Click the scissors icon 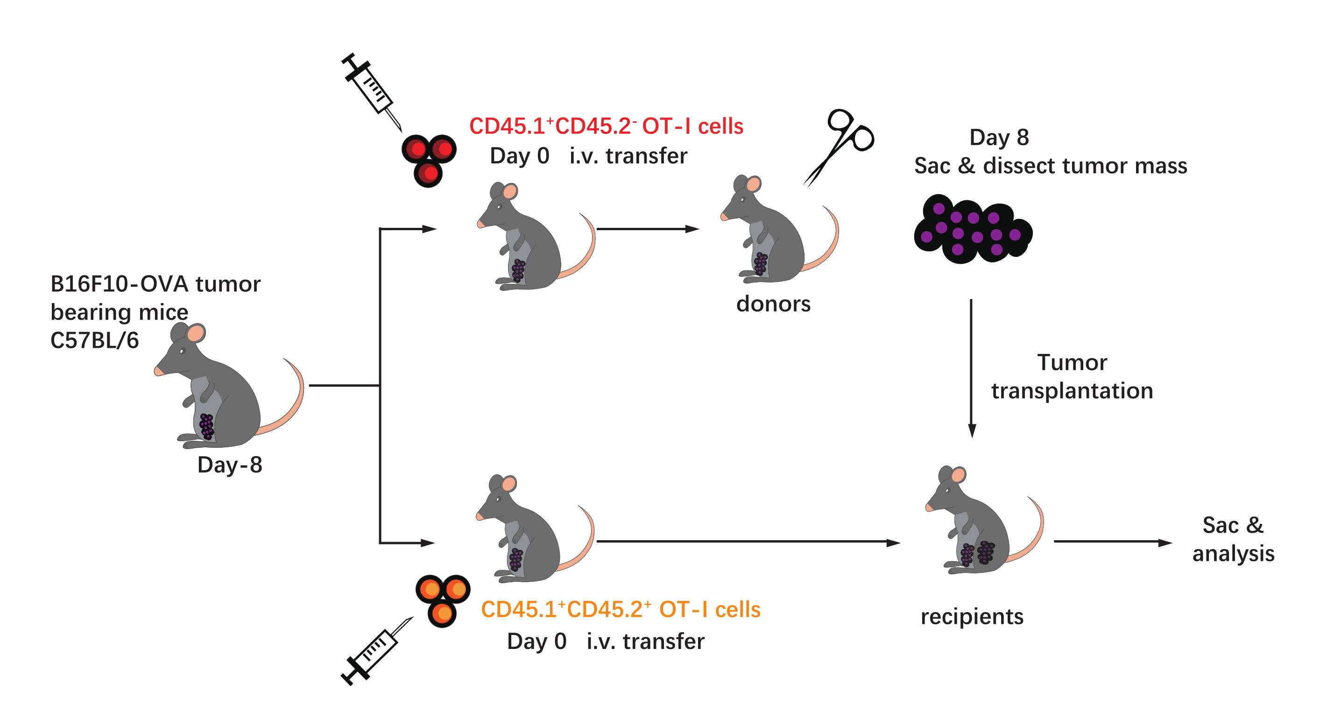point(840,146)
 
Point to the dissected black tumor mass point(973,229)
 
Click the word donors point(773,304)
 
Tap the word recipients point(972,616)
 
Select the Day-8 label point(230,465)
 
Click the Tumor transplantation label point(1072,377)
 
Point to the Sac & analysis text point(1233,539)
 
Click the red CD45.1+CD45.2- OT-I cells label point(606,126)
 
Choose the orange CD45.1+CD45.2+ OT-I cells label point(621,609)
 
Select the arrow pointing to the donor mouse point(648,229)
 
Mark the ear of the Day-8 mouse point(195,333)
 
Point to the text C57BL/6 point(94,340)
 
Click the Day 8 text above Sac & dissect point(999,137)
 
